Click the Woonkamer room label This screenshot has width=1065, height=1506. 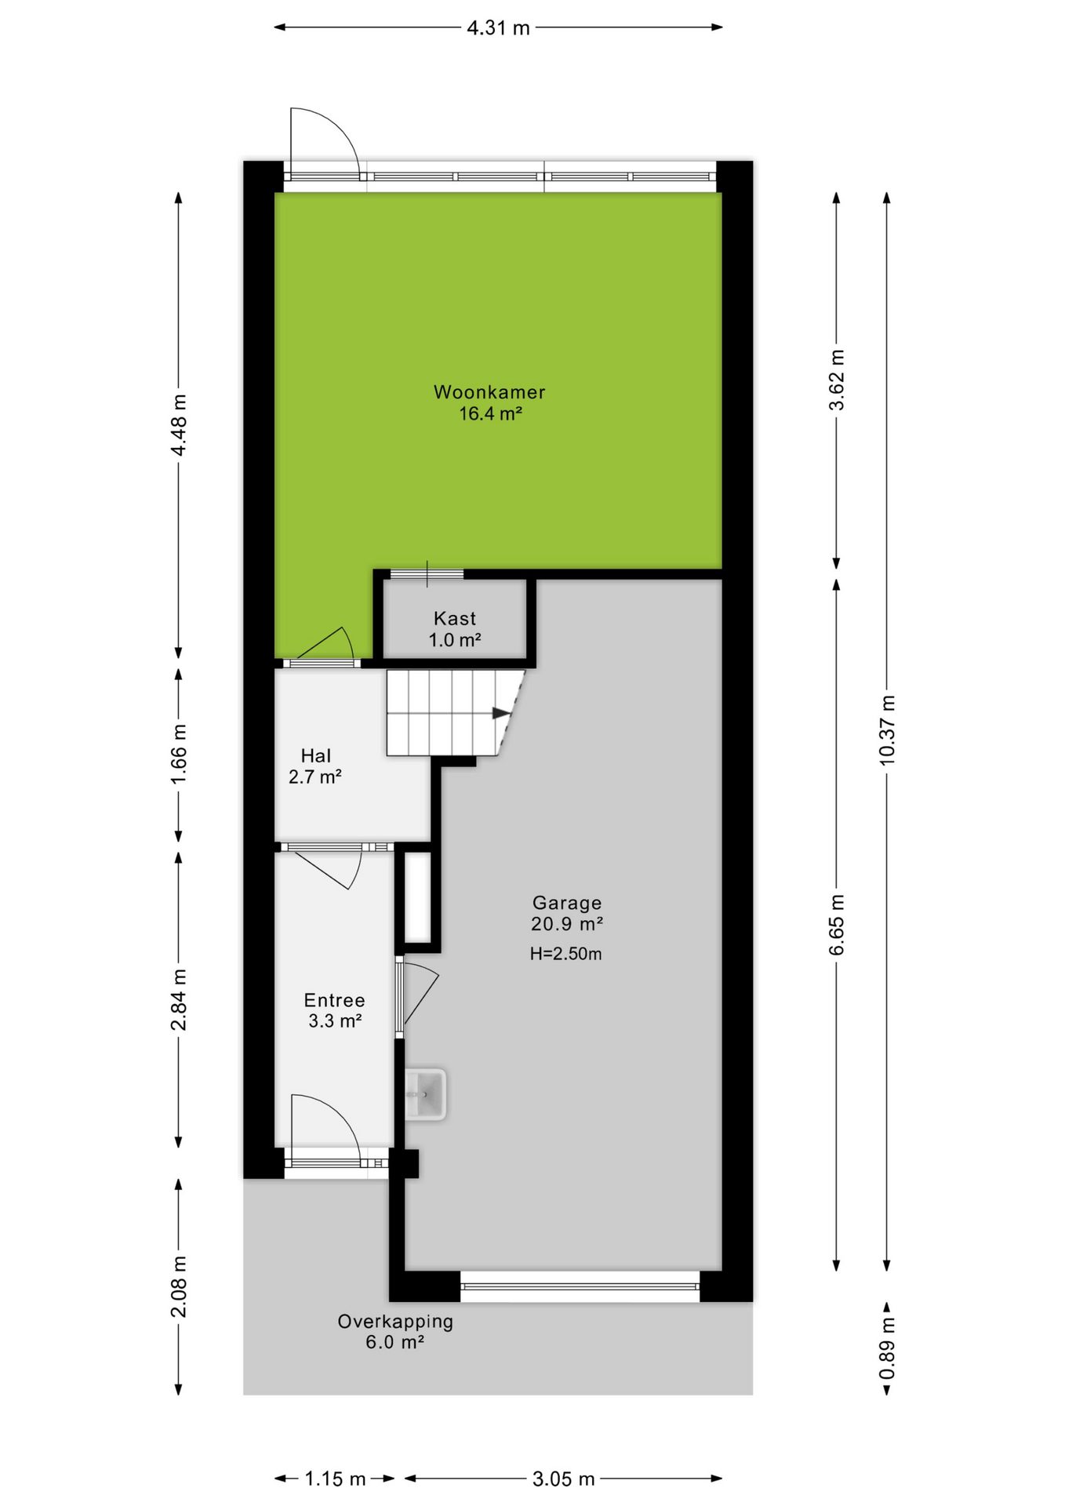point(489,391)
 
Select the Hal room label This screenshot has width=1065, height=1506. point(316,755)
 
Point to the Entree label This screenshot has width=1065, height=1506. point(335,1000)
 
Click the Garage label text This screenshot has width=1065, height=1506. point(567,903)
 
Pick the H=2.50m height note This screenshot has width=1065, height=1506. point(566,954)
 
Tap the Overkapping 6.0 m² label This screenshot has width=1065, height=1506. point(395,1331)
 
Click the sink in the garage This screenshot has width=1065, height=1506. point(426,1093)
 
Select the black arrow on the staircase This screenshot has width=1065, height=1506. point(500,713)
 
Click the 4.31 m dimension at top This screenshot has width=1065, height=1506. point(499,28)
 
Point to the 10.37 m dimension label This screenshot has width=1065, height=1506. point(887,729)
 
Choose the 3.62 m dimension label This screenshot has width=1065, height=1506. point(837,380)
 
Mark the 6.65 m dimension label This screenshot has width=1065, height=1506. point(837,925)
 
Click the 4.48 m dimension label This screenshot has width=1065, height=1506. point(179,424)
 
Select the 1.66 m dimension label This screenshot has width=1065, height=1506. point(179,753)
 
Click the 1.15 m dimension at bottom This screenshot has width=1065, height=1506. point(335,1479)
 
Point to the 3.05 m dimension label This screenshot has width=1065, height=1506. point(563,1479)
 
